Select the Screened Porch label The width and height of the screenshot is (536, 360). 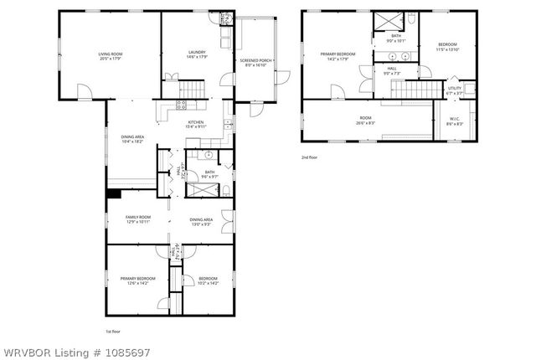254,63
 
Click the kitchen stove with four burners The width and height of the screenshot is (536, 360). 180,105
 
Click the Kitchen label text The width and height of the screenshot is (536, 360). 195,123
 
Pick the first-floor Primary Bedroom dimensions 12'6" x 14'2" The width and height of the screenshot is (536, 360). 133,282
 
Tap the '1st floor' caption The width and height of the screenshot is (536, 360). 113,332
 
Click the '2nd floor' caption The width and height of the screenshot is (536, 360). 311,157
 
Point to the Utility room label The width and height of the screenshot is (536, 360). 454,89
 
